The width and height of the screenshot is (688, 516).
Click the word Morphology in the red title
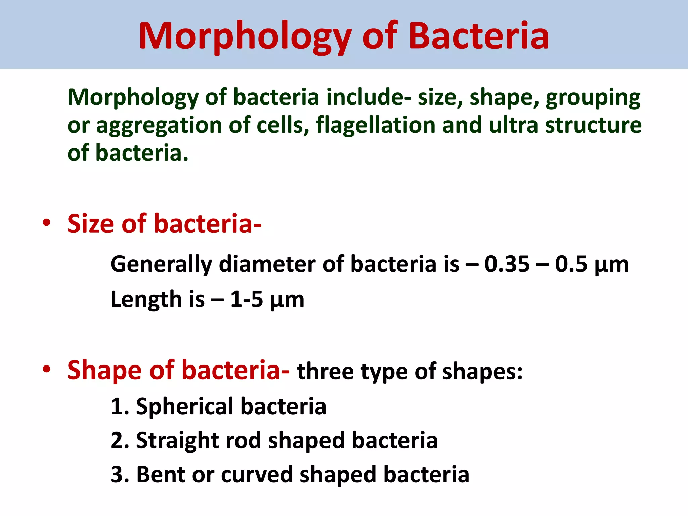point(245,36)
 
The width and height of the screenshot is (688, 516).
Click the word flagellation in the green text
point(375,125)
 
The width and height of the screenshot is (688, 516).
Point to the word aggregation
point(159,126)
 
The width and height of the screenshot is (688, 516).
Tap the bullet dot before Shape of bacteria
point(47,369)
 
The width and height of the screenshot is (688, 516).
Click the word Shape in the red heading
point(104,370)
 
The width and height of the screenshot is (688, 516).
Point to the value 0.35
point(507,264)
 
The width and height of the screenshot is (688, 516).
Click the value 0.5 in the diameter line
point(571,264)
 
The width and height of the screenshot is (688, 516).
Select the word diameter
point(267,264)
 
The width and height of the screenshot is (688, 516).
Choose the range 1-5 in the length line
point(246,299)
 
